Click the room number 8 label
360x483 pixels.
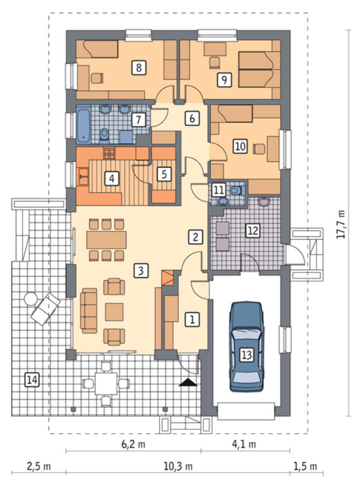(138, 68)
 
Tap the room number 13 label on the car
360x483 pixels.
(246, 355)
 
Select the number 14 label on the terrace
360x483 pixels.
(31, 380)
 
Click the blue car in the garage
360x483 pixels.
(246, 346)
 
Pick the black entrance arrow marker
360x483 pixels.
(188, 383)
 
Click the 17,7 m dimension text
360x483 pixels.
(341, 224)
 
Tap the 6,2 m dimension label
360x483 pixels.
(133, 444)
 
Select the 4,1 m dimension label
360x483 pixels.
(244, 444)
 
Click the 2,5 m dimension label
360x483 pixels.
(39, 467)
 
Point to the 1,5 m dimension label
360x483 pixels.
(305, 467)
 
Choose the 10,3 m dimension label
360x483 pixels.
(178, 467)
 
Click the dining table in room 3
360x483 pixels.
(106, 240)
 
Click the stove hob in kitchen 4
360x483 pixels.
(109, 154)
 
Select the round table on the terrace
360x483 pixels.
(31, 298)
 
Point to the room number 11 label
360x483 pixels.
(219, 190)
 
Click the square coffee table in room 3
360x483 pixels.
(115, 312)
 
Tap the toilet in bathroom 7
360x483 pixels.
(105, 135)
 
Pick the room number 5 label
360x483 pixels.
(164, 174)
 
